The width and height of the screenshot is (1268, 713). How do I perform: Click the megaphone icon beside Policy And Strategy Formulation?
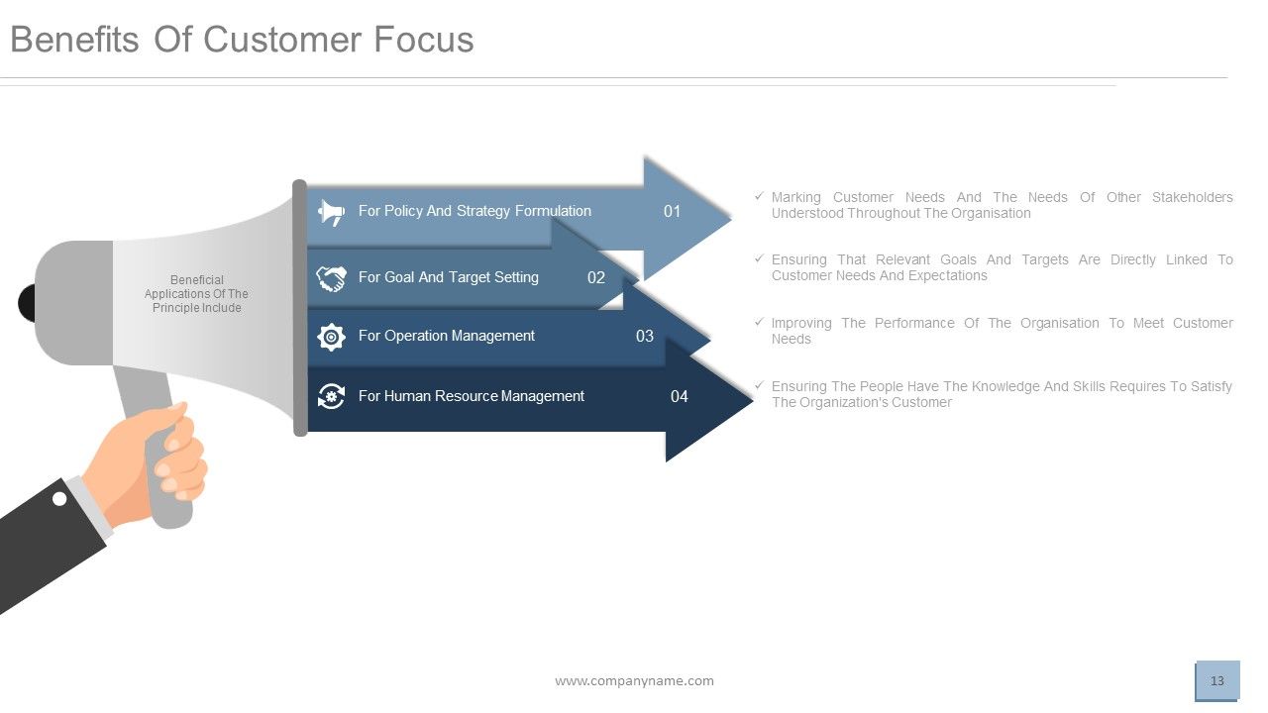[331, 212]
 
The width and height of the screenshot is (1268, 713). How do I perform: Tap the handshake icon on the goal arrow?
[331, 278]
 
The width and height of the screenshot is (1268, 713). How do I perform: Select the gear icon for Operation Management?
[331, 337]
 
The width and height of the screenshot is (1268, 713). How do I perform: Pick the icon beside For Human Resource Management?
[331, 396]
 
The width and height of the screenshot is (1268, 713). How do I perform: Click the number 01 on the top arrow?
[672, 211]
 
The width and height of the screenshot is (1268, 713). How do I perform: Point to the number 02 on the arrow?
[595, 277]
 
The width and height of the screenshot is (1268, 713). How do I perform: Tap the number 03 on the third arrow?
[644, 337]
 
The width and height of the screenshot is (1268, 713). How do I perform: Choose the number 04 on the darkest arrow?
[679, 396]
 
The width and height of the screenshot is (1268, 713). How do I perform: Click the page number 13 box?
[1217, 680]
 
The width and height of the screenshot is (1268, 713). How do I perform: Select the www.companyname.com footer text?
[634, 680]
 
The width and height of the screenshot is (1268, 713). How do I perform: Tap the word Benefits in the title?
[75, 40]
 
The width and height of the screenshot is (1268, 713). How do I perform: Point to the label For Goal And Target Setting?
[448, 277]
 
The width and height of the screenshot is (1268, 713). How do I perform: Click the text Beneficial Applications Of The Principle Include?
[196, 294]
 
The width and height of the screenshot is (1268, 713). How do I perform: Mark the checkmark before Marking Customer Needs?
[759, 196]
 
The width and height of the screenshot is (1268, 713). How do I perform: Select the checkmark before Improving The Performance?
[759, 322]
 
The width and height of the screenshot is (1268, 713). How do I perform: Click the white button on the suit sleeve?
[59, 499]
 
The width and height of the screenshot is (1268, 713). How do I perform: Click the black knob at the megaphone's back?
[27, 303]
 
